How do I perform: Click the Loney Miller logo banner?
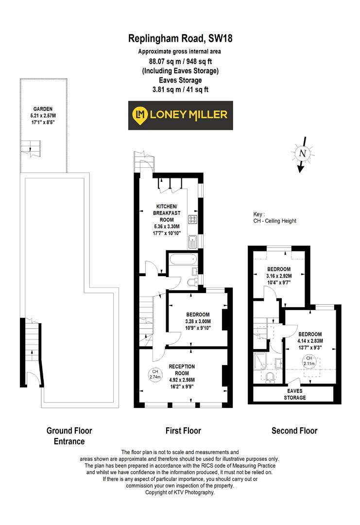(x=180, y=115)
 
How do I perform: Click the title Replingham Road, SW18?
(x=180, y=38)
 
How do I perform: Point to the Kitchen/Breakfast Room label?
(x=167, y=213)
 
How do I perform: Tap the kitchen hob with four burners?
(x=193, y=220)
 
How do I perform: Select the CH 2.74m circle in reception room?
(x=155, y=374)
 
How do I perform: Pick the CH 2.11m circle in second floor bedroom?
(x=309, y=361)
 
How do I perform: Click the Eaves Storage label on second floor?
(x=295, y=394)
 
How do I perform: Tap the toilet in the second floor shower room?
(x=272, y=378)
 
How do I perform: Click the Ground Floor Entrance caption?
(x=69, y=436)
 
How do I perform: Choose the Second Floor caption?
(x=294, y=431)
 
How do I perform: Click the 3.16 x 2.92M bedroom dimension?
(x=279, y=276)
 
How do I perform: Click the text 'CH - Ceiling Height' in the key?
(x=274, y=221)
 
